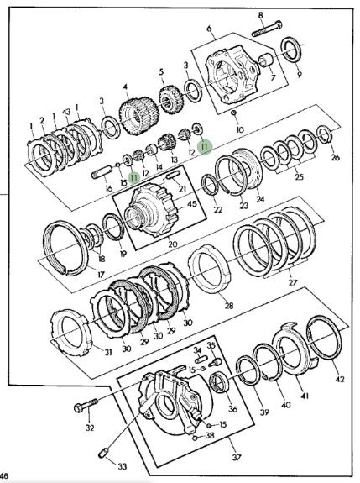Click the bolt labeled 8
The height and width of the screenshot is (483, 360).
267,29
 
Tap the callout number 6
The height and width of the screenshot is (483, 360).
210,29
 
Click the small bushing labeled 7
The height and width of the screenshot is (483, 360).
266,60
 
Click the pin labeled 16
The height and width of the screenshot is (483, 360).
102,171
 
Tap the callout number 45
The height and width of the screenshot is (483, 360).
192,204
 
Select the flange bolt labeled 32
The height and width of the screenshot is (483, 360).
86,405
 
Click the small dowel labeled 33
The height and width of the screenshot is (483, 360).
104,453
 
